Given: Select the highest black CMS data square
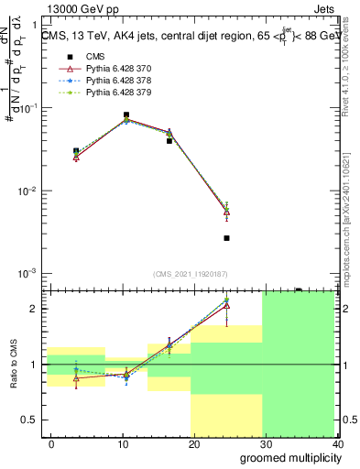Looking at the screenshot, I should click(125, 115).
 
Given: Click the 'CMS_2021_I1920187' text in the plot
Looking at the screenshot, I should click(190, 274).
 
